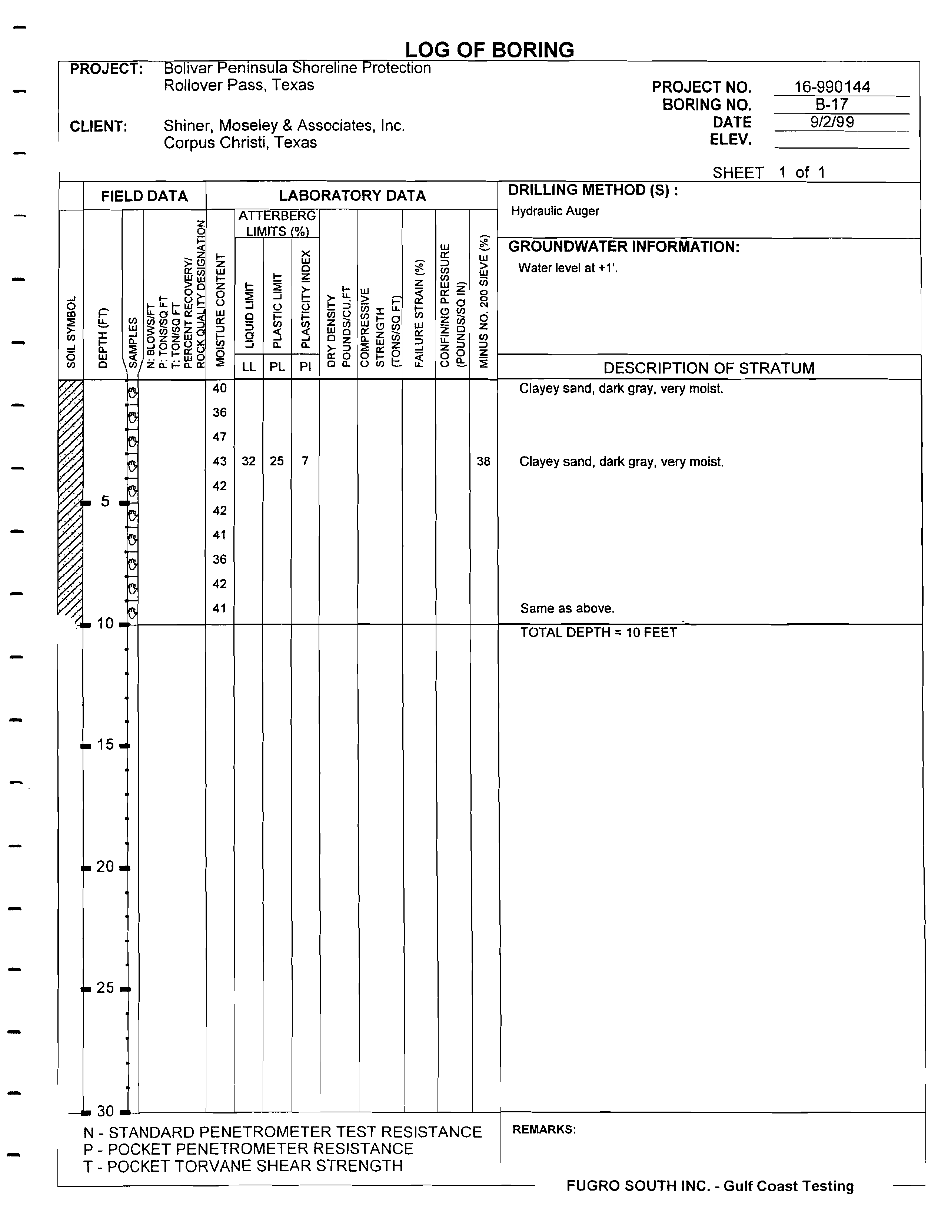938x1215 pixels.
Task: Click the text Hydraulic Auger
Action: click(x=555, y=211)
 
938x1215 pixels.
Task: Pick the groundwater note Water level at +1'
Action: click(x=568, y=268)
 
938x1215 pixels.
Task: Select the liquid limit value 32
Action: click(x=249, y=461)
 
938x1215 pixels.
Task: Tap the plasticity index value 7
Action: click(x=305, y=461)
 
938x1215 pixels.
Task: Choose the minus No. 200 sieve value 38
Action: click(x=483, y=461)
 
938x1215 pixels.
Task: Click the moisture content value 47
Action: click(x=220, y=437)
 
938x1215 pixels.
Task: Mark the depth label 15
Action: click(x=105, y=744)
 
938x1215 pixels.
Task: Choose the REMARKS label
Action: click(x=543, y=1129)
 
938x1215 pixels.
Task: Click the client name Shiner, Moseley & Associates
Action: click(x=284, y=126)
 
